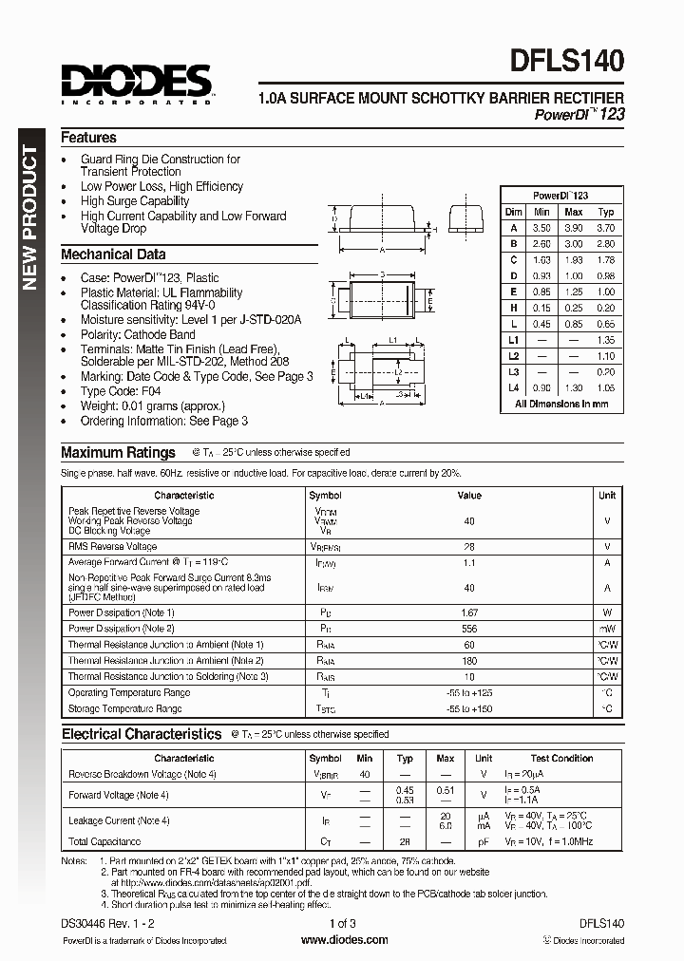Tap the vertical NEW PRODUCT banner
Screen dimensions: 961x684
pyautogui.click(x=28, y=219)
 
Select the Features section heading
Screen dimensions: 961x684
pyautogui.click(x=88, y=138)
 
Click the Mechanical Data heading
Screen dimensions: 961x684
pyautogui.click(x=113, y=254)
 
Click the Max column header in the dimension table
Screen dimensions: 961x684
pyautogui.click(x=573, y=212)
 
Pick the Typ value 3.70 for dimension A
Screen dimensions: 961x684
pyautogui.click(x=606, y=228)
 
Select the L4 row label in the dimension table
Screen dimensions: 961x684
pyautogui.click(x=514, y=387)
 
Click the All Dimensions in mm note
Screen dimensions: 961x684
pyautogui.click(x=560, y=404)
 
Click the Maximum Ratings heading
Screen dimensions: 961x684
pyautogui.click(x=118, y=453)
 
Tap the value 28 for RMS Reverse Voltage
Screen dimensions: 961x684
pyautogui.click(x=469, y=547)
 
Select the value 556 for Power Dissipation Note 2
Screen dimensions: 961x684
pyautogui.click(x=469, y=629)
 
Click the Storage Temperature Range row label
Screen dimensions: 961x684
pyautogui.click(x=124, y=708)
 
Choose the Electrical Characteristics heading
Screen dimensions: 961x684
pyautogui.click(x=142, y=734)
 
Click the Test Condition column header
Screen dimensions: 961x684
pyautogui.click(x=561, y=758)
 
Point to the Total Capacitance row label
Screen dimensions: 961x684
pyautogui.click(x=104, y=841)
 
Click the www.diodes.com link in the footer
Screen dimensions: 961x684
pyautogui.click(x=343, y=940)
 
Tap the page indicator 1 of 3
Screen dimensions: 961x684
pyautogui.click(x=343, y=923)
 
